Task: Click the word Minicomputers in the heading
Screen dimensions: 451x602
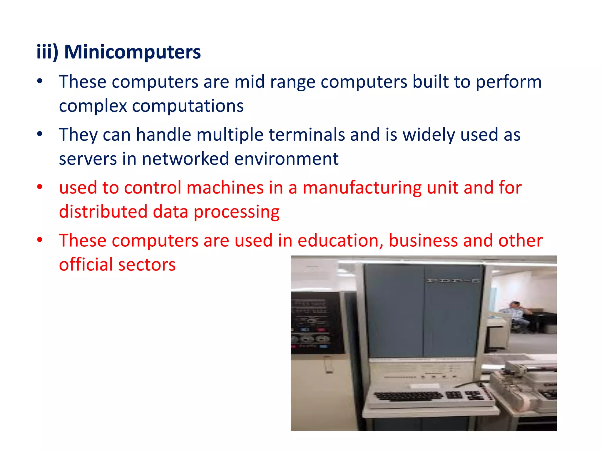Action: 132,52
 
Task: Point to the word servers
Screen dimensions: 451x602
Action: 88,159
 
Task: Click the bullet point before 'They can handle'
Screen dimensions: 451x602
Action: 40,134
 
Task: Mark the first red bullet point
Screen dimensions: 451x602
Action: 40,187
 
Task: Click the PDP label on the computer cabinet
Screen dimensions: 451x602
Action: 453,281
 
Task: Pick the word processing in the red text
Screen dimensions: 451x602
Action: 237,212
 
